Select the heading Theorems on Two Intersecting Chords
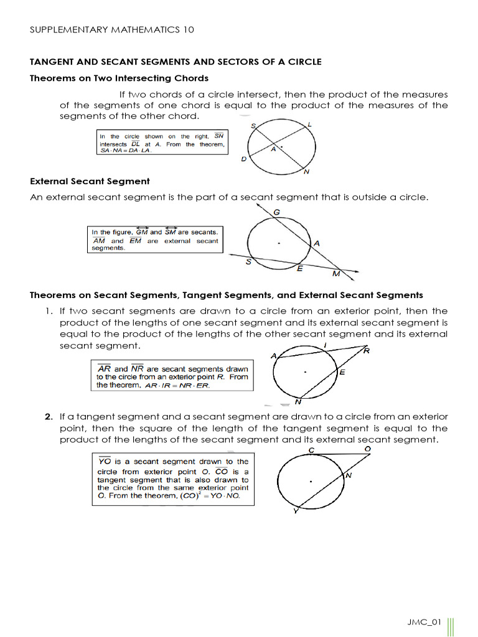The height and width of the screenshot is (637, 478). (x=119, y=78)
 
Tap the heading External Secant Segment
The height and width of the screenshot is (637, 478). (x=90, y=181)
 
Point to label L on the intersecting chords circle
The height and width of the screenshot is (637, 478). (x=310, y=125)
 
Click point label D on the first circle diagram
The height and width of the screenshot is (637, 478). (x=243, y=159)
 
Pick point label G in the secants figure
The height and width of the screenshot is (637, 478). (x=276, y=213)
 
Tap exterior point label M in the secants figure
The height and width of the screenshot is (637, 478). (x=336, y=274)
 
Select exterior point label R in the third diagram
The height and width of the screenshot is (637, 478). (x=367, y=351)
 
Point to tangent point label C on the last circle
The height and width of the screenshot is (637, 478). (x=311, y=450)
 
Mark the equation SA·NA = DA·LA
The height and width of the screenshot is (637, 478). (x=126, y=150)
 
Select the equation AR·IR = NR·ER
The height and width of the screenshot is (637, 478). (x=177, y=386)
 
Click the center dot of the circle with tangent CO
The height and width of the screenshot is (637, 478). (x=311, y=481)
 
